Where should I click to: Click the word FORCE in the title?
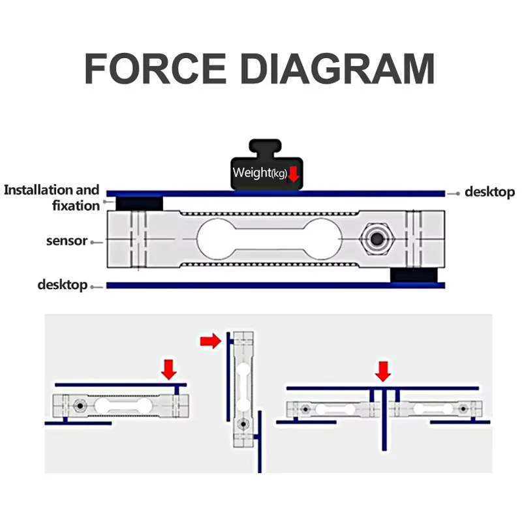[x=155, y=69]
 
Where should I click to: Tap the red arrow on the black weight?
[x=293, y=174]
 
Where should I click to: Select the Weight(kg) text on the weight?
[x=260, y=173]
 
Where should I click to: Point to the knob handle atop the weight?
[x=266, y=148]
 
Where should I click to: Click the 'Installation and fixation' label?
[x=52, y=198]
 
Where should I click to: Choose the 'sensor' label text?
[x=67, y=241]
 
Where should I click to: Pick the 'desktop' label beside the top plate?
[x=490, y=192]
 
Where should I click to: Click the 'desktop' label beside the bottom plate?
[x=62, y=285]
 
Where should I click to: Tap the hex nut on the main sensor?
[x=377, y=239]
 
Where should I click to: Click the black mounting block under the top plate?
[x=139, y=204]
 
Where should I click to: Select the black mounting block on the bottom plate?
[x=414, y=275]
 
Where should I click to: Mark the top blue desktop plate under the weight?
[x=275, y=193]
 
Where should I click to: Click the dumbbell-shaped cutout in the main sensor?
[x=269, y=239]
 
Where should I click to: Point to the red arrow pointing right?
[x=210, y=341]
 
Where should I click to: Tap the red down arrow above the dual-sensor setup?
[x=383, y=371]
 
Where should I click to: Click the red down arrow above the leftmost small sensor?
[x=169, y=369]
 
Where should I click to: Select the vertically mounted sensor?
[x=243, y=389]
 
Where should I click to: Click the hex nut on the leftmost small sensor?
[x=80, y=406]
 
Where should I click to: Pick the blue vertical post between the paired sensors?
[x=384, y=420]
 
